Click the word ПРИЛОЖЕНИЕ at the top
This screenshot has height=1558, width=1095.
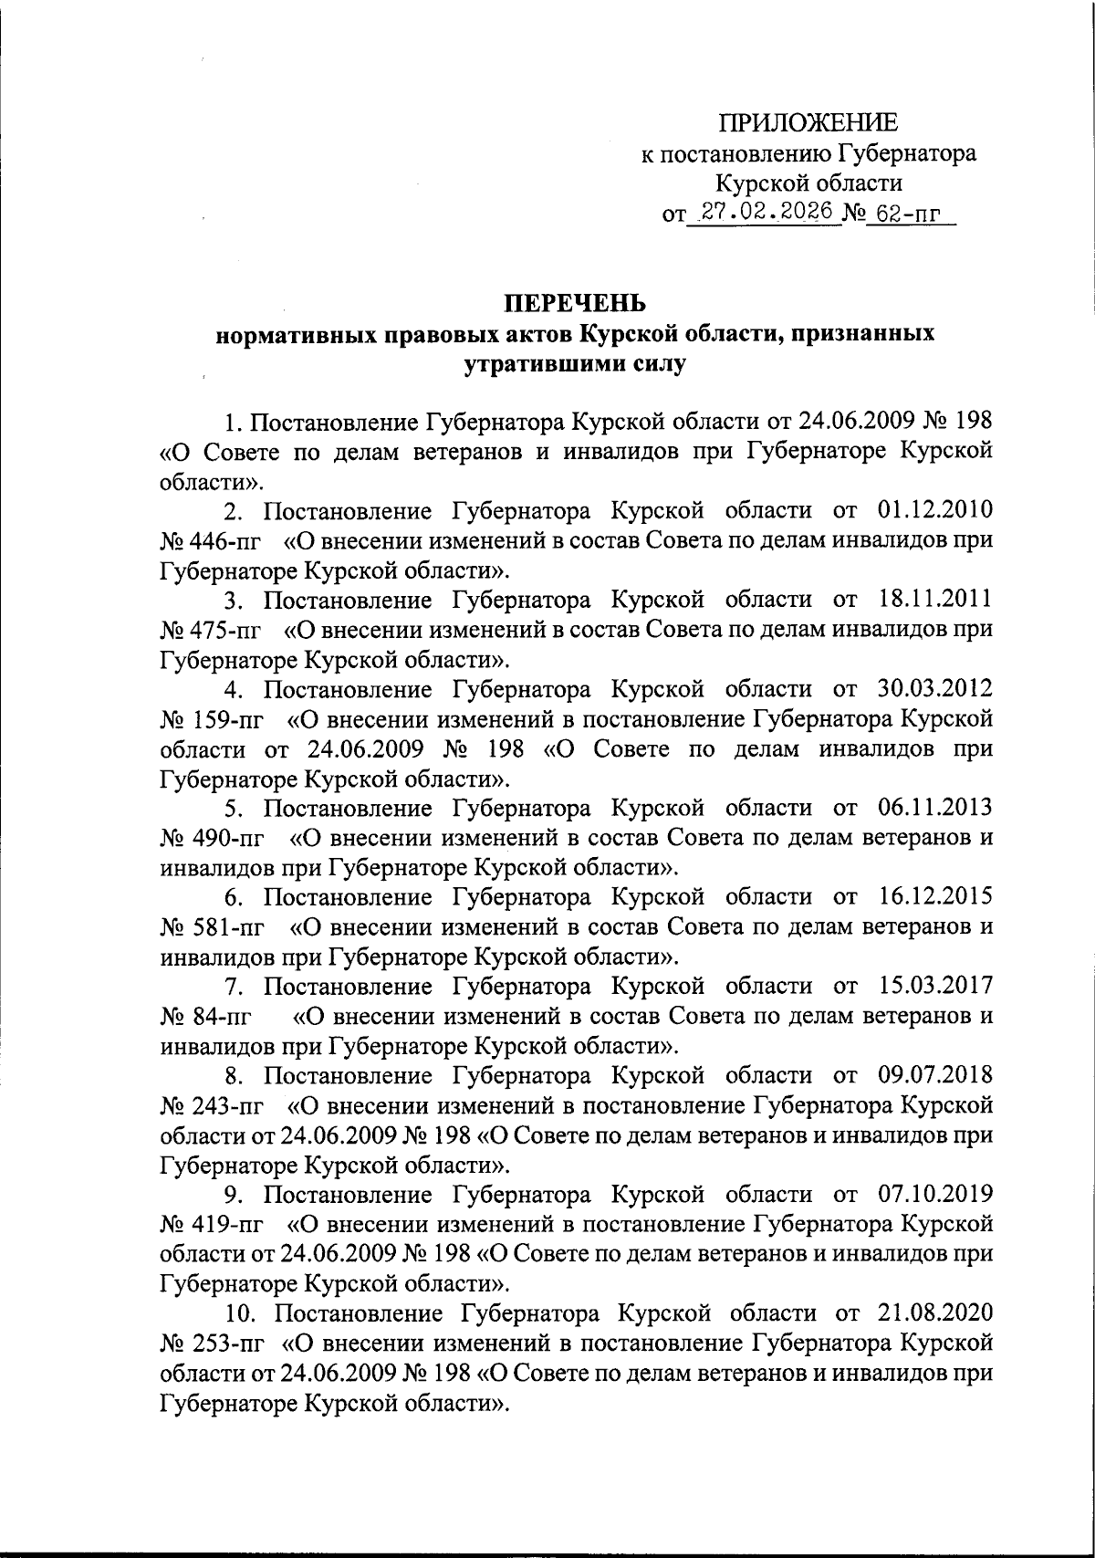tap(808, 123)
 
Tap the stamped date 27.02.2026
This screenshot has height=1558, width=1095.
tap(765, 212)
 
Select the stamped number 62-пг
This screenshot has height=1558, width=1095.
tap(907, 214)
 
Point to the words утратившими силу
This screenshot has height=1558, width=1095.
tap(575, 364)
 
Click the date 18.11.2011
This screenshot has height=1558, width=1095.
tap(935, 600)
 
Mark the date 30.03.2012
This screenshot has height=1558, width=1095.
tap(935, 689)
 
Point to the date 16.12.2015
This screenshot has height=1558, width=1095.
tap(935, 897)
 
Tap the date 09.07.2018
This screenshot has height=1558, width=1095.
tap(935, 1076)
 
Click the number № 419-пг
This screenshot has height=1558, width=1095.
tap(210, 1225)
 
